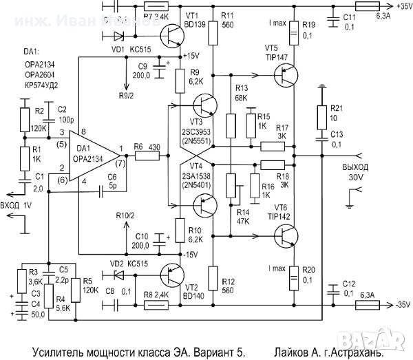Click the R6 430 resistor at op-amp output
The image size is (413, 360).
146,156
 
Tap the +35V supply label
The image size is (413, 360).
400,9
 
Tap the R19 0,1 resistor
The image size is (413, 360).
294,30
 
